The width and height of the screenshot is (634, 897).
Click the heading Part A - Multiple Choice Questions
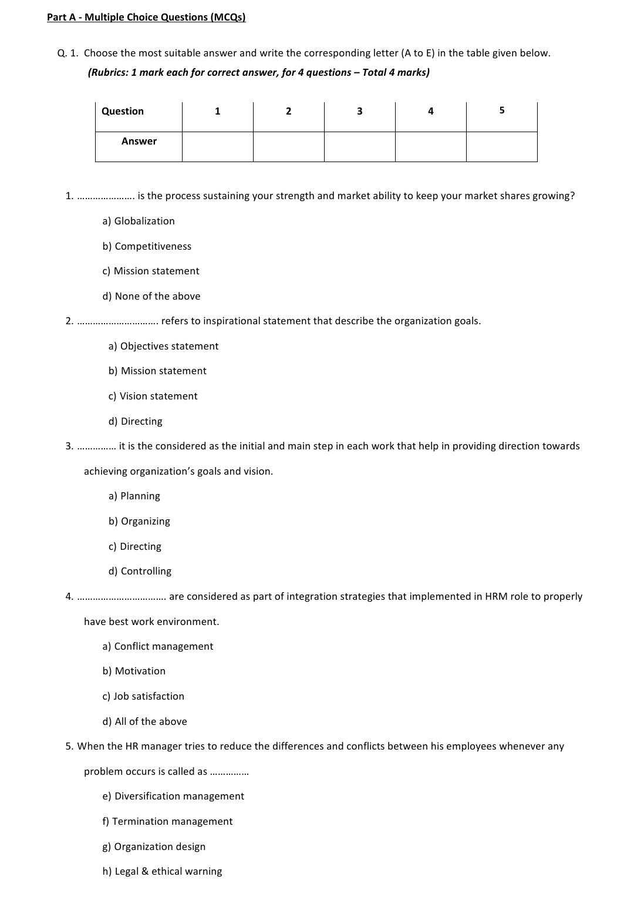coord(146,17)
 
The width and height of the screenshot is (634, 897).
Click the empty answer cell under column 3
coord(359,147)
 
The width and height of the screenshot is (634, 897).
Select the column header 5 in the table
coord(501,110)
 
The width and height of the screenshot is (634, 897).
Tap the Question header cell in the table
coord(123,111)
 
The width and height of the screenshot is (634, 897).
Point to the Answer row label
coord(139,141)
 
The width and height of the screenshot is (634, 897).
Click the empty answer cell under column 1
coord(217,147)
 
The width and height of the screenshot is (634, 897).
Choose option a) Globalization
coord(139,221)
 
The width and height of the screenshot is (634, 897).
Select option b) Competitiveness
coord(147,246)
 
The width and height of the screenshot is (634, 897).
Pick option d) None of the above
coord(151,296)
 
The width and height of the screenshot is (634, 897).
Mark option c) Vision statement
coord(153,396)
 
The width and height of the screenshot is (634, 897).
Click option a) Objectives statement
coord(163,346)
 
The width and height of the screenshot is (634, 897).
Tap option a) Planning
coord(134,496)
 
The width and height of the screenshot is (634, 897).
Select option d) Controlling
coord(140,571)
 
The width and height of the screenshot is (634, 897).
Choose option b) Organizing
coord(139,521)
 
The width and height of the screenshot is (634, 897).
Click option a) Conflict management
coord(158,646)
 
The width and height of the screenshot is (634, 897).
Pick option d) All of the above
coord(144,721)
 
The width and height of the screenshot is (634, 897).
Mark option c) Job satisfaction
coord(143,696)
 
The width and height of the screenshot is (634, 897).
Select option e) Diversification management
coord(173,796)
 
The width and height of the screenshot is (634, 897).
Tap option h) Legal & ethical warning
coord(162,871)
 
